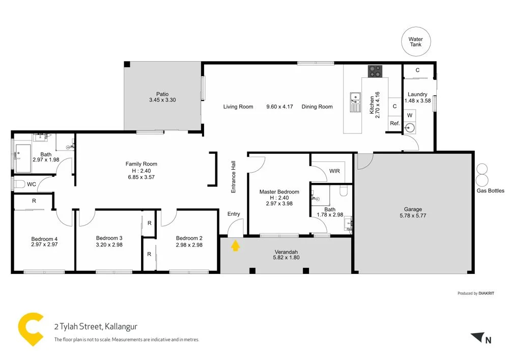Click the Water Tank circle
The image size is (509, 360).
coord(415,42)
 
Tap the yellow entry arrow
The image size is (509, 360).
coord(235,246)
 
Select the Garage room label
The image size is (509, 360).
coord(413,209)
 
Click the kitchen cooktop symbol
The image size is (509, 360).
coord(376,72)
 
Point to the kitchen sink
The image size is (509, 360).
coord(355,101)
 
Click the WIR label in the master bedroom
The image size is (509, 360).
coord(334,171)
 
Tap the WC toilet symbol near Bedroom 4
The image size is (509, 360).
coord(19,184)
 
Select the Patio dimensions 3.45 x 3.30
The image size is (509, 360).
coord(162,101)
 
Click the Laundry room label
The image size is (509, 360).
coord(417,94)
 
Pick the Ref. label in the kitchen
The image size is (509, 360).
coord(394,124)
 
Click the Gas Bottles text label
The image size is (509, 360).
coord(490,191)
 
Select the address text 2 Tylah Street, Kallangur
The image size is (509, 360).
coord(96,326)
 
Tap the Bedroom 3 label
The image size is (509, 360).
coord(109,238)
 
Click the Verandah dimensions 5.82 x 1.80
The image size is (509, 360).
coord(286,258)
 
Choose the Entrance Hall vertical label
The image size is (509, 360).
coord(234,176)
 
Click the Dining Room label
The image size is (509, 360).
coord(317,107)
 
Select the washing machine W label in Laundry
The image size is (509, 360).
coord(410,116)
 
